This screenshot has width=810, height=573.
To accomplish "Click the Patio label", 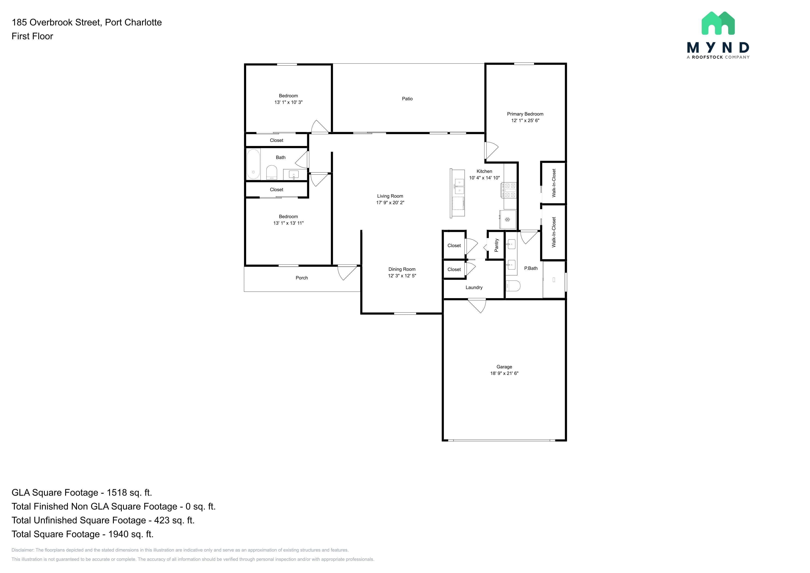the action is pos(407,99).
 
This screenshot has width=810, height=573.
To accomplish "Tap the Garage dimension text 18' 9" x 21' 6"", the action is pos(504,373).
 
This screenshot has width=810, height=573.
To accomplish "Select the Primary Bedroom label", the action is pos(525,114).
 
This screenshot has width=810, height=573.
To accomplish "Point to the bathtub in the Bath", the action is pos(253,164).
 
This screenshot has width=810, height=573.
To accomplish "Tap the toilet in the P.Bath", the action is pos(513,286).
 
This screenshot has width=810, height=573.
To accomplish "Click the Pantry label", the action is pos(496,245).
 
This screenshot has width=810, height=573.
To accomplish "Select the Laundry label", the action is pos(474,288).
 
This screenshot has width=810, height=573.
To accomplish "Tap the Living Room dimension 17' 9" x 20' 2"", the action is pos(390,203).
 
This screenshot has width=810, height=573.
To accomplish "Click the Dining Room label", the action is pos(402,269).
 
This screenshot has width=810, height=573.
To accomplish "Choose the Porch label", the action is pos(302,278).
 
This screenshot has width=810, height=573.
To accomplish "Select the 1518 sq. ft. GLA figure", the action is pos(129,493).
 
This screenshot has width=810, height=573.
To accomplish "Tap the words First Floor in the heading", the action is pos(33,36).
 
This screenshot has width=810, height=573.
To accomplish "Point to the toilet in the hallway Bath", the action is pos(272,173).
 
